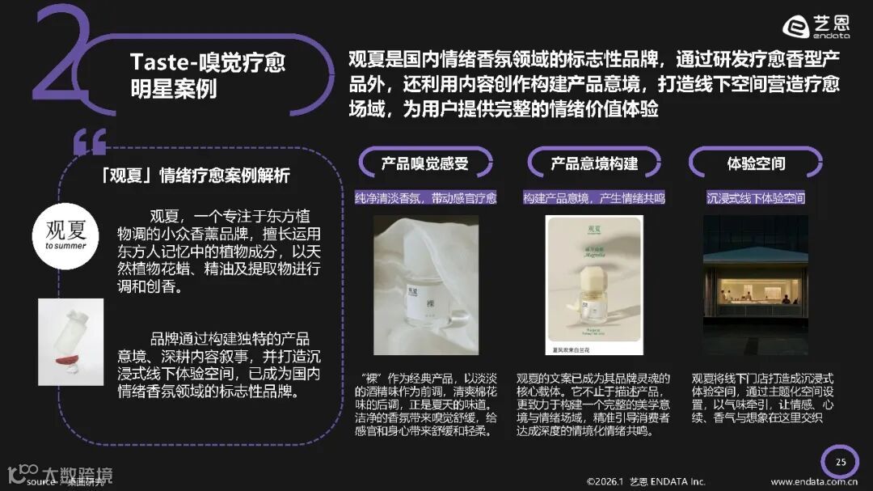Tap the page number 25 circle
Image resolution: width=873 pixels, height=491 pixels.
click(x=841, y=462)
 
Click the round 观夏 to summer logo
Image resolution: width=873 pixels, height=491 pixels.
click(x=65, y=230)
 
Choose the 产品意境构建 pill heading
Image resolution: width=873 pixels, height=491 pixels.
click(x=594, y=163)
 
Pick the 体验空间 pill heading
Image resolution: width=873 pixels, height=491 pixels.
click(x=756, y=163)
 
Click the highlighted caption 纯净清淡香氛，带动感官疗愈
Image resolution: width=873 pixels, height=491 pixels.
click(x=425, y=197)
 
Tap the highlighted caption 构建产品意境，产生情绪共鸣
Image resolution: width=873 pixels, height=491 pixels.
click(x=594, y=197)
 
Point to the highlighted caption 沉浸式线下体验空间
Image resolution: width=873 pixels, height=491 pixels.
click(x=756, y=197)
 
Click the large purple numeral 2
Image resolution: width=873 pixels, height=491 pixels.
click(x=61, y=61)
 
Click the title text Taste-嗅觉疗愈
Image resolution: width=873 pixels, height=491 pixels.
click(x=208, y=62)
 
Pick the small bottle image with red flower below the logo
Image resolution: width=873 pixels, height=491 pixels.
click(x=71, y=341)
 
